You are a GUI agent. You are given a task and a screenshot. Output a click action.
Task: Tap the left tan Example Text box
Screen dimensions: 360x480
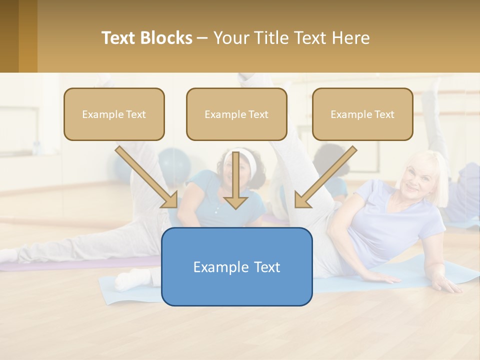pyautogui.click(x=114, y=114)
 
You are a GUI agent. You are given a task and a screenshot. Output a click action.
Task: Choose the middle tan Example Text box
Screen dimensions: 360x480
pyautogui.click(x=236, y=114)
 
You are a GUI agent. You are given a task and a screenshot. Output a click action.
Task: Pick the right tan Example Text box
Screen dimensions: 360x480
pyautogui.click(x=362, y=114)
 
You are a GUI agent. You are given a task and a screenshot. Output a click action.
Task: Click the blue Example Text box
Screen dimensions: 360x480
pyautogui.click(x=236, y=266)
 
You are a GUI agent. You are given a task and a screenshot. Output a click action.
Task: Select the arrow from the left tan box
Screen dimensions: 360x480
pyautogui.click(x=146, y=176)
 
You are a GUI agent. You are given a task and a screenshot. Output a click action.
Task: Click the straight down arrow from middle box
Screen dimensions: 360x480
pyautogui.click(x=235, y=180)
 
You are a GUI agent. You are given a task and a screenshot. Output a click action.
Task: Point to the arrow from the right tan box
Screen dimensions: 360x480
pyautogui.click(x=326, y=176)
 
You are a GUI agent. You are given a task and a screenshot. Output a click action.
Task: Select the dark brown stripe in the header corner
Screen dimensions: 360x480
pyautogui.click(x=9, y=36)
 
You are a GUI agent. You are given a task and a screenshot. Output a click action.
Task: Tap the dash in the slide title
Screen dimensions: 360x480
pyautogui.click(x=202, y=38)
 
